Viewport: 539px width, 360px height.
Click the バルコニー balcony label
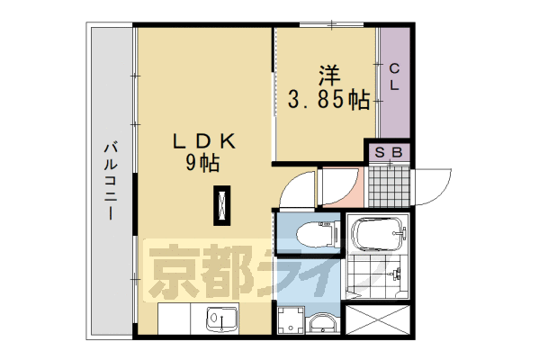click(109, 181)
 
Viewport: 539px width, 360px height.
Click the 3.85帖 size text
click(328, 100)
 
